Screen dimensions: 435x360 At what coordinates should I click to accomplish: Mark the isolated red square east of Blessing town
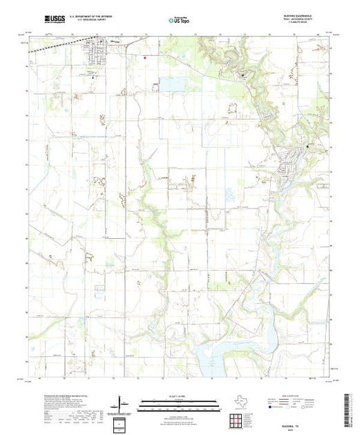[144, 57]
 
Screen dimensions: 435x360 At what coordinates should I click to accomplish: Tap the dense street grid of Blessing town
[93, 56]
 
